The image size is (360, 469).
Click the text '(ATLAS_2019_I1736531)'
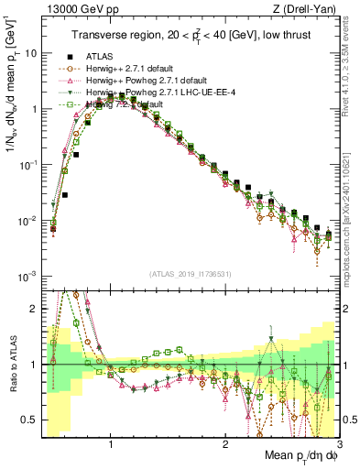click(x=190, y=274)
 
